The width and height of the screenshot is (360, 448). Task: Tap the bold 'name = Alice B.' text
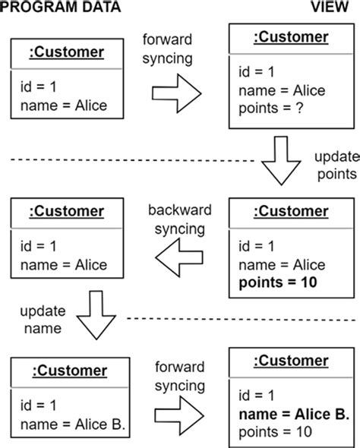click(292, 414)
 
